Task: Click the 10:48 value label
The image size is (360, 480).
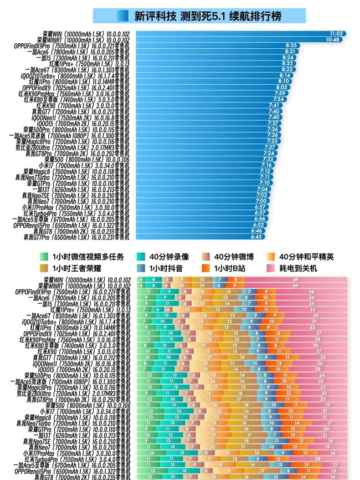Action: click(332, 39)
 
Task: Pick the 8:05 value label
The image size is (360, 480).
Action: click(282, 87)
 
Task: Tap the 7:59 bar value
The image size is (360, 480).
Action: click(280, 93)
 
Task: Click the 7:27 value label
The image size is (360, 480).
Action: click(270, 147)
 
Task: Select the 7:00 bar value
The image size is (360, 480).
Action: click(261, 201)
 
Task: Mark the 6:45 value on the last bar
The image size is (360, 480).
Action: click(256, 237)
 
